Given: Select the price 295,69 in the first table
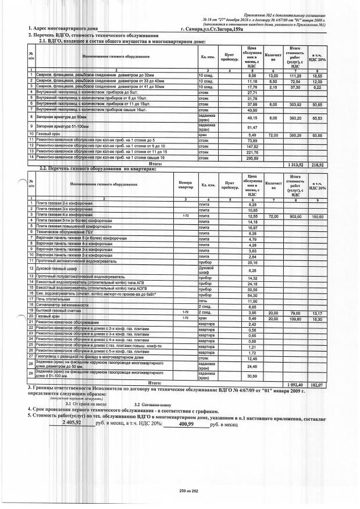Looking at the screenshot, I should point(252,157).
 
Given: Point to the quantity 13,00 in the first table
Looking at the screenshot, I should point(272,76).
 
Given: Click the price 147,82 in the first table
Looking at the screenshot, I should point(252,146).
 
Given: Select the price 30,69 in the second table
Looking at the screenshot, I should point(252,377).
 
